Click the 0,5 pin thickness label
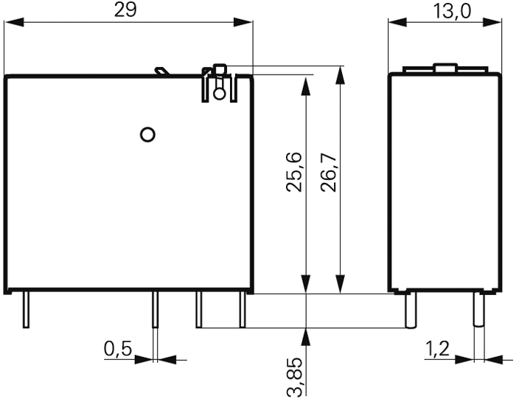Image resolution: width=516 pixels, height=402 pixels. [118, 349]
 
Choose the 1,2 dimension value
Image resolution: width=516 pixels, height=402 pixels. [439, 349]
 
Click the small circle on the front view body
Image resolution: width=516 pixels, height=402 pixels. [147, 134]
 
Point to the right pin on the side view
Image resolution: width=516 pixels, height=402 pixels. [478, 310]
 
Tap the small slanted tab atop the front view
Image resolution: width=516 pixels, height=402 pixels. [161, 72]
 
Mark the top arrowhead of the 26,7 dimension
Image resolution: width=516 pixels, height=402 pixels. [339, 73]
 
